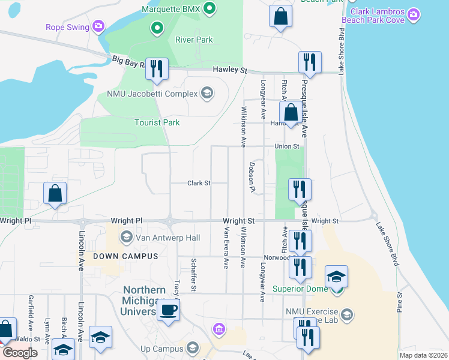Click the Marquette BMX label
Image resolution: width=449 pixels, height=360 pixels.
[x=170, y=8]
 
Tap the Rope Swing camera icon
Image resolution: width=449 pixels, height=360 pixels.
[x=99, y=26]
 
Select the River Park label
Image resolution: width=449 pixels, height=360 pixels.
[x=194, y=40]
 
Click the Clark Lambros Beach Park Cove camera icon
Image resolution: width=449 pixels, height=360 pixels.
[x=413, y=13]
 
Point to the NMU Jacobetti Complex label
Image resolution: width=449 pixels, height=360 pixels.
[x=152, y=94]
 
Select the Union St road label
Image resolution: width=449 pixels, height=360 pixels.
[x=287, y=146]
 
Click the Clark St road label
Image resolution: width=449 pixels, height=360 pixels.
[x=199, y=183]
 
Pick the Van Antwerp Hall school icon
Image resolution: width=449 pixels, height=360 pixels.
[x=127, y=238]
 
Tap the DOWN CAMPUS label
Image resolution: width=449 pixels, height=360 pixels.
[x=117, y=256]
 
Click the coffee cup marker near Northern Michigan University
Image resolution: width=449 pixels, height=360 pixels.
[x=168, y=310]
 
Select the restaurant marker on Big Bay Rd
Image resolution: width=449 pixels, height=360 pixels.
[x=157, y=68]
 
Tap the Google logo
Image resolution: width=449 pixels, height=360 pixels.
[x=19, y=352]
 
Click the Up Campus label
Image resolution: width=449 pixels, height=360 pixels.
[x=161, y=349]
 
